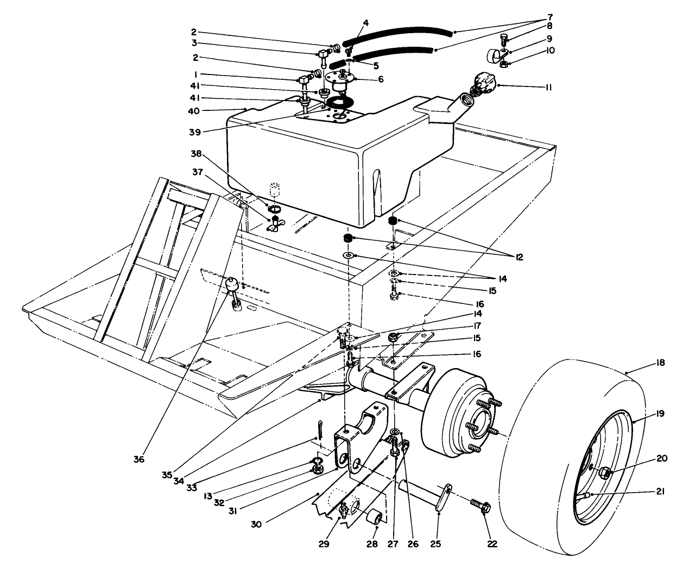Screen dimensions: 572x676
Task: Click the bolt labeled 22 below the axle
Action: tap(482, 507)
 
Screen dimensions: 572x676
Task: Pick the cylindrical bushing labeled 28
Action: tap(374, 519)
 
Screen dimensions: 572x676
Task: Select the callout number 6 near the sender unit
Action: tap(381, 79)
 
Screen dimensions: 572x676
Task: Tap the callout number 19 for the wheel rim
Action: tap(660, 413)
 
